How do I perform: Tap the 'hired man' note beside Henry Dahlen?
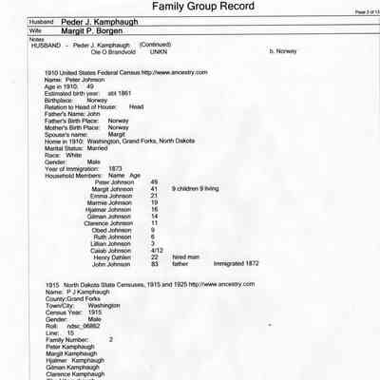point(186,256)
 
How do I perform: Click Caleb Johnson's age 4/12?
point(158,249)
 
